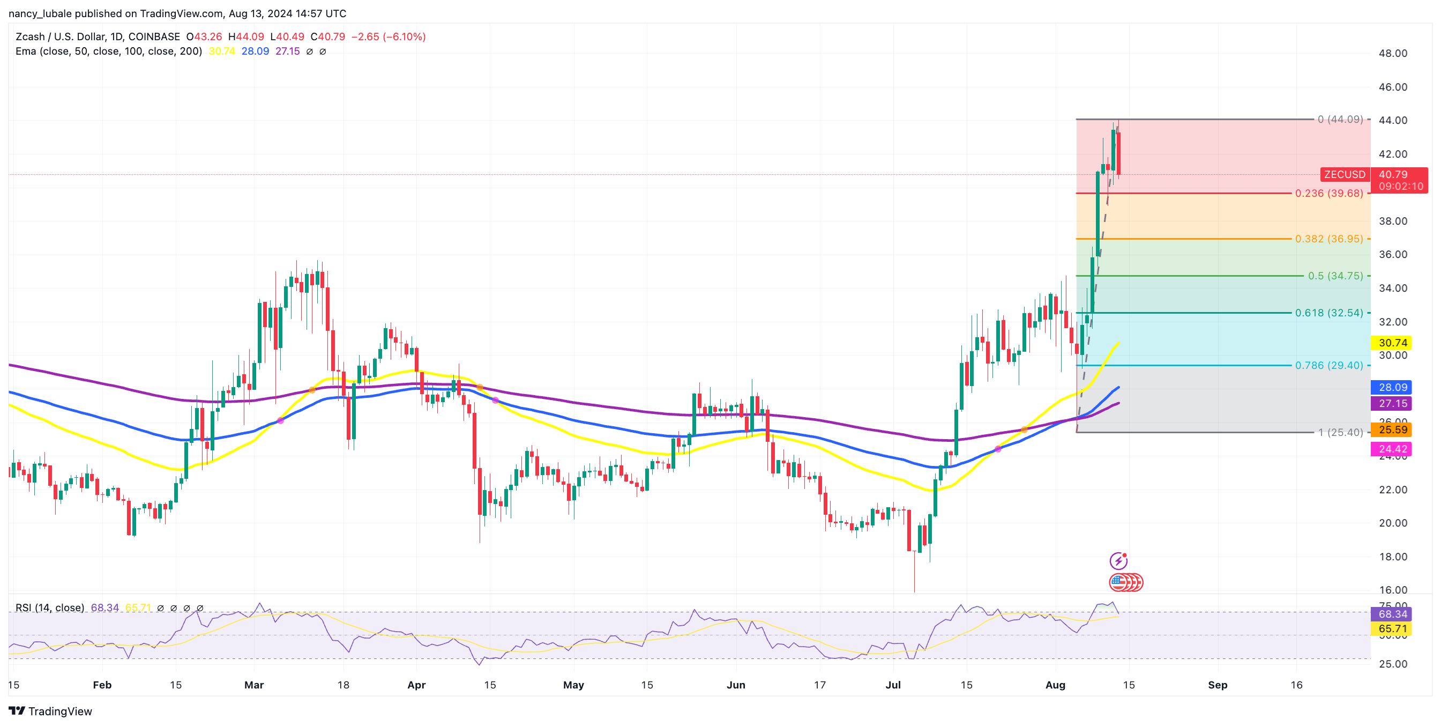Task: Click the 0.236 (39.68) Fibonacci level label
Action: [x=1328, y=193]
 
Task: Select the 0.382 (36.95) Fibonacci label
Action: [x=1328, y=239]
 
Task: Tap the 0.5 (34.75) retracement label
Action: [x=1335, y=276]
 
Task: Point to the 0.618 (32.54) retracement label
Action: [x=1328, y=313]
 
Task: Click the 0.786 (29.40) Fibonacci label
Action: [x=1328, y=365]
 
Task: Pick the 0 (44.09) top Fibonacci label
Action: [x=1340, y=119]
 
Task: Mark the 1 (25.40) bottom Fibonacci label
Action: [x=1340, y=432]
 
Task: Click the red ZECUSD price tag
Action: [x=1344, y=175]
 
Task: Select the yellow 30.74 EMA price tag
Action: [x=1392, y=343]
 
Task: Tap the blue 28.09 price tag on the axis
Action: [x=1392, y=387]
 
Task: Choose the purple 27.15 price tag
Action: [x=1392, y=404]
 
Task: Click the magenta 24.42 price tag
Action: [x=1392, y=449]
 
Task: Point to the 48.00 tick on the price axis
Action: [x=1392, y=53]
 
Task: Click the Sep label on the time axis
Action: [x=1217, y=685]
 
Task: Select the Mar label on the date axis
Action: [x=254, y=685]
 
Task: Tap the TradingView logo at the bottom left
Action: [x=50, y=711]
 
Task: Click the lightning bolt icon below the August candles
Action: [x=1118, y=560]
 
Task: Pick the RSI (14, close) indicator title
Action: [x=50, y=608]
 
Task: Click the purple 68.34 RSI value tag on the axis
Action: [x=1392, y=614]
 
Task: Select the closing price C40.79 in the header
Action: [x=328, y=36]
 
